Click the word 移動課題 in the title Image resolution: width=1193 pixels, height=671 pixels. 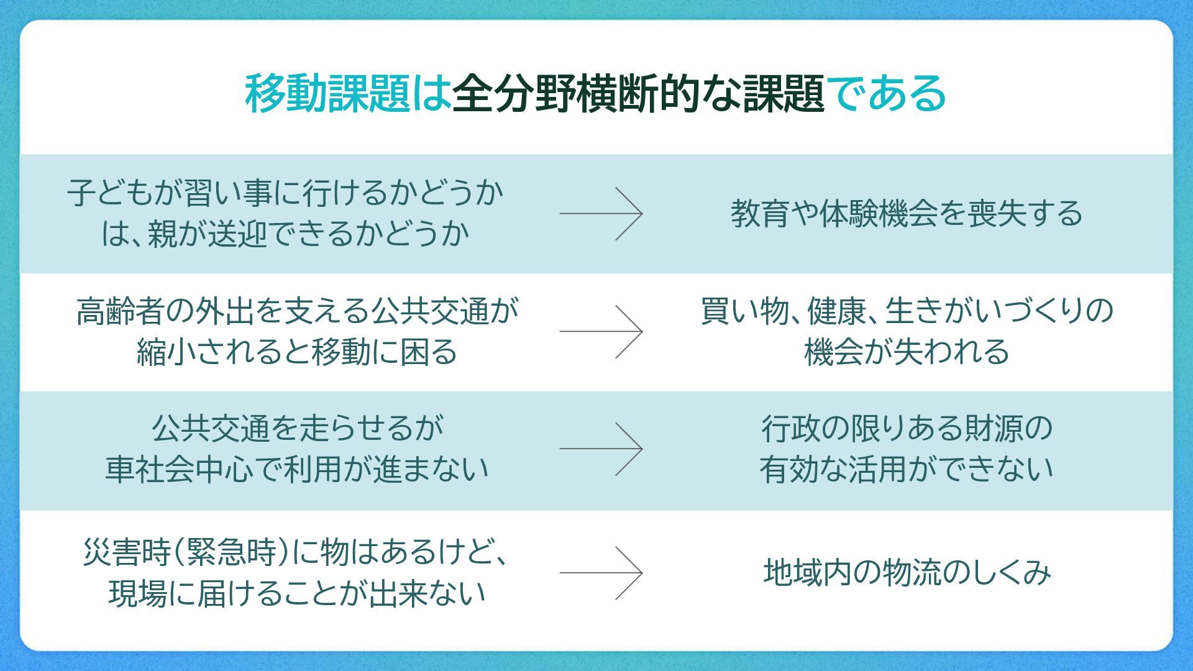tap(327, 94)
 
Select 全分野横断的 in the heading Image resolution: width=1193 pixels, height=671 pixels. tap(576, 94)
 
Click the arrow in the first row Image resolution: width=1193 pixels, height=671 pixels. tap(601, 213)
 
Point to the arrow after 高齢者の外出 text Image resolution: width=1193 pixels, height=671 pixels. tap(601, 331)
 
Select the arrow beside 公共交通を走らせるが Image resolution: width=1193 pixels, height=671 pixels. tap(601, 449)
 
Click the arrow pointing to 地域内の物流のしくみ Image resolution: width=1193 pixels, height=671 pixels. tap(601, 572)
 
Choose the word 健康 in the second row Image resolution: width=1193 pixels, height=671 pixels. tap(836, 311)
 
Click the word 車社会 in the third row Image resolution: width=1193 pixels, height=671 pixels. tap(149, 469)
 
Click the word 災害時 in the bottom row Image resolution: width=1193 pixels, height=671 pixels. tap(127, 552)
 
